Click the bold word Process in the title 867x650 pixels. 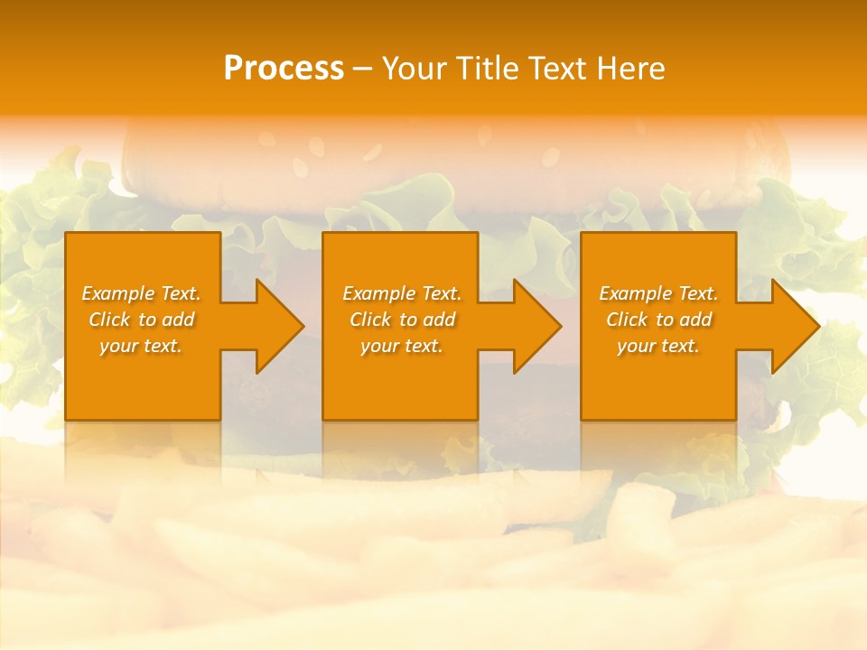284,69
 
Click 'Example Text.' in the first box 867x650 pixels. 141,293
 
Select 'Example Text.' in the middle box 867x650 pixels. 402,293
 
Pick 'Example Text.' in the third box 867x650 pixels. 658,293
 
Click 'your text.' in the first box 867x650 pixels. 141,346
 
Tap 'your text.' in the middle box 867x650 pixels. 402,346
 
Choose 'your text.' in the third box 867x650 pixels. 658,346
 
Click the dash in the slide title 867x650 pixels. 362,69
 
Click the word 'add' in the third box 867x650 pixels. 695,320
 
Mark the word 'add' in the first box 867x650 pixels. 178,320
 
